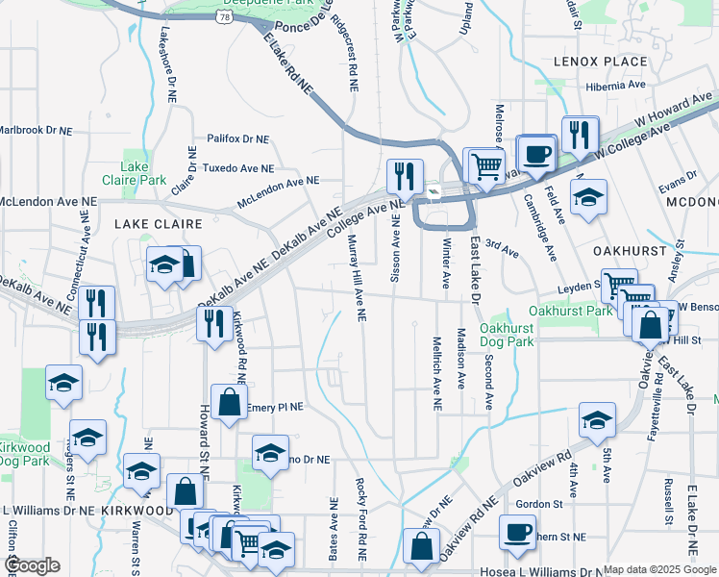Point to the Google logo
tap(33, 565)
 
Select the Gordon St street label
tap(538, 504)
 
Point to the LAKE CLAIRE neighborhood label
tap(159, 223)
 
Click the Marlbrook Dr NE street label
tap(37, 130)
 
